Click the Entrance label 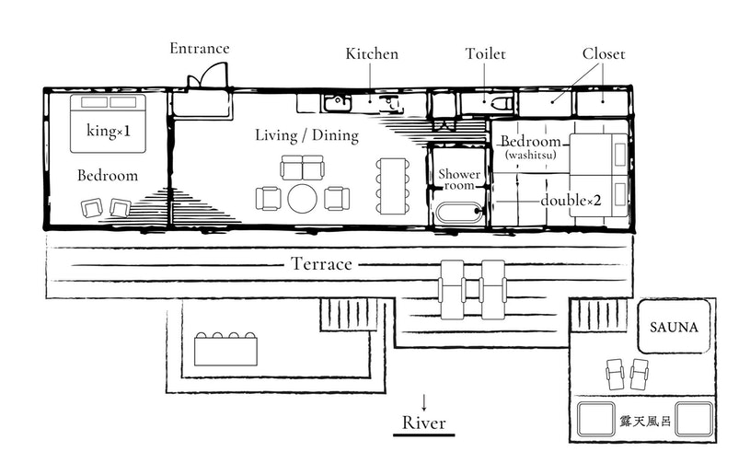200,48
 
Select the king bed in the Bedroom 108,123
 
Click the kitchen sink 338,102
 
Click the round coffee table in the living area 302,199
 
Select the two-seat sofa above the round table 302,167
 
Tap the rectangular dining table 393,186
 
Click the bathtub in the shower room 459,214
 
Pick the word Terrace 321,263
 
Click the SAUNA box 674,326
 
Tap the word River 424,423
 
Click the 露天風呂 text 645,421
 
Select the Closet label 604,53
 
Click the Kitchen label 372,53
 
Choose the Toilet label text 486,53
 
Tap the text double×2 571,200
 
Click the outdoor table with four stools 225,349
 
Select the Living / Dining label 307,135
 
